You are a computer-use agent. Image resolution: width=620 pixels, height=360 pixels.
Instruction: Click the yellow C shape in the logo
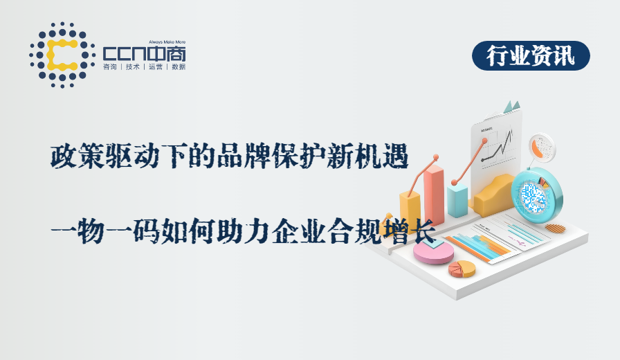(x=61, y=55)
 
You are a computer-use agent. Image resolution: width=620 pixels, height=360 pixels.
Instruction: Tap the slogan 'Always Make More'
(x=167, y=42)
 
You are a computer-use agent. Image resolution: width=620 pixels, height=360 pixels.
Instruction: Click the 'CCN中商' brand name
(x=144, y=53)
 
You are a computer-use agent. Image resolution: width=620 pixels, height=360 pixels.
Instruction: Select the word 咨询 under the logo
(x=109, y=67)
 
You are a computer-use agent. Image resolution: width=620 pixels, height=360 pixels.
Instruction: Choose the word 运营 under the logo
(x=154, y=67)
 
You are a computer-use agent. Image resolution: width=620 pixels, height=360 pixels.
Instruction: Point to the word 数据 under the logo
(x=178, y=67)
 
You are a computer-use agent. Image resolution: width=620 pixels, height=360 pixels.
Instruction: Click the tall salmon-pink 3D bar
(x=434, y=195)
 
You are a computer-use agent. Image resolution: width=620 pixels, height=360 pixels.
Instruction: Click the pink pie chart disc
(x=433, y=251)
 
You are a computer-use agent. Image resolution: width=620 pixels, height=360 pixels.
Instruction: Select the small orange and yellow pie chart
(x=462, y=269)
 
